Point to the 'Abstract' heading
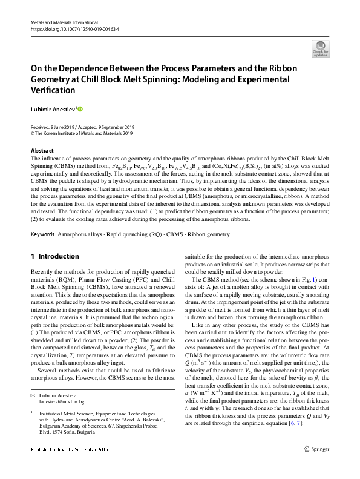click(x=42, y=150)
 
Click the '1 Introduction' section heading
click(x=54, y=256)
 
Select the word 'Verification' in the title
click(x=53, y=90)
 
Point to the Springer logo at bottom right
click(x=318, y=467)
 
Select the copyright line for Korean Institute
click(x=81, y=133)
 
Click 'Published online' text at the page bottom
click(x=48, y=467)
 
